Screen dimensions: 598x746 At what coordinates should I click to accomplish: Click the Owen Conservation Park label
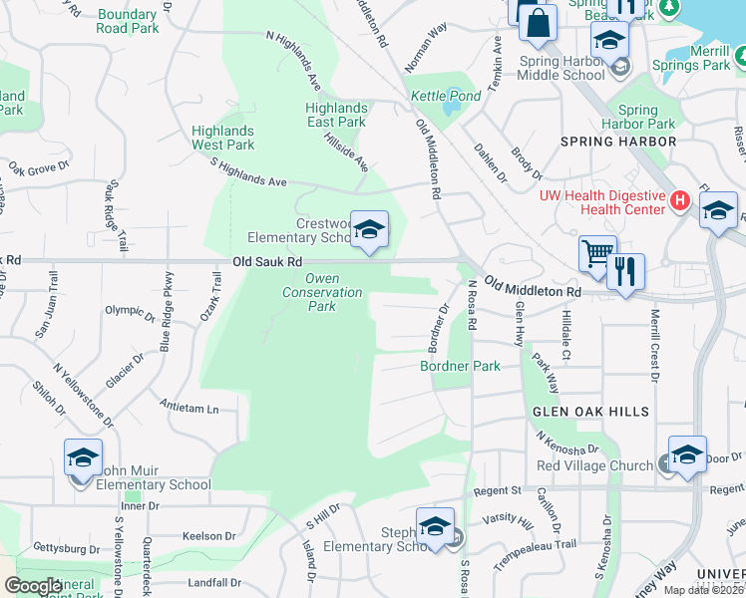tap(321, 292)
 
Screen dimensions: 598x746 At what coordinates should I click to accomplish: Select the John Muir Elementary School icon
tap(83, 459)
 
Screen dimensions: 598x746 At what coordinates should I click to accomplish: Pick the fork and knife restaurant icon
tap(625, 271)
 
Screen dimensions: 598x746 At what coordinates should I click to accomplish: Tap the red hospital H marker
tap(680, 201)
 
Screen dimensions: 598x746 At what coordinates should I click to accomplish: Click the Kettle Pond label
tap(446, 97)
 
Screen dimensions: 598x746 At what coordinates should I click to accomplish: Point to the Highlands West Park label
tap(223, 138)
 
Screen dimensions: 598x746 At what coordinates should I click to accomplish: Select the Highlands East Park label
tap(335, 115)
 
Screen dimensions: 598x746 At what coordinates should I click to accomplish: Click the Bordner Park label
tap(459, 366)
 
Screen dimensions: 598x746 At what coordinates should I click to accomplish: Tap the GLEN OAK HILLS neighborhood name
tap(591, 412)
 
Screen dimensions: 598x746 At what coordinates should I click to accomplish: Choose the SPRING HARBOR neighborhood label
tap(618, 142)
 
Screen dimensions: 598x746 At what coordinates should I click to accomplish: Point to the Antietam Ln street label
tap(188, 408)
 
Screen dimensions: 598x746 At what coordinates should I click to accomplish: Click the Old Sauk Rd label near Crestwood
tap(266, 261)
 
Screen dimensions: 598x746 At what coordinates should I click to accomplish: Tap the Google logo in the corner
tap(34, 586)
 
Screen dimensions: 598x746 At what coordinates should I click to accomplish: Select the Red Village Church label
tap(593, 465)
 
